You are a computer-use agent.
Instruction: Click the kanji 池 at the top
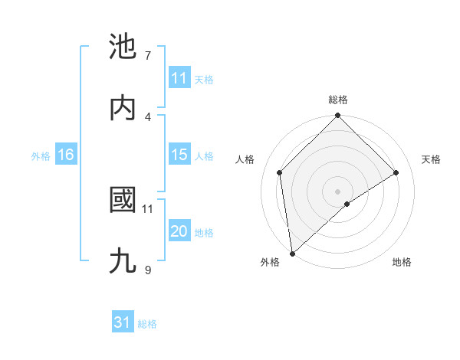click(x=123, y=47)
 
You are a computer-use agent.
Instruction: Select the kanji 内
click(x=123, y=108)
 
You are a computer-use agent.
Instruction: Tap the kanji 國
click(x=123, y=201)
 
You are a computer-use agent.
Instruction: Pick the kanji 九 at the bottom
click(x=123, y=261)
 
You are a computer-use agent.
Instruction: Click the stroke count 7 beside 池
click(x=148, y=56)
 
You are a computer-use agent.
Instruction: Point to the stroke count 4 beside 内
click(x=148, y=116)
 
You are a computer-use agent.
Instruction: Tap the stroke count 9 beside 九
click(x=148, y=270)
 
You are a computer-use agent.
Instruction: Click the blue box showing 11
click(x=179, y=78)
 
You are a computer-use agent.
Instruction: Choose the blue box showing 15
click(x=179, y=155)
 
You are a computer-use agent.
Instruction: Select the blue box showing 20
click(x=179, y=231)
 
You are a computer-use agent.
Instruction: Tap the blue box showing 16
click(x=66, y=155)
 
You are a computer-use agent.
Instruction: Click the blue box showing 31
click(x=123, y=322)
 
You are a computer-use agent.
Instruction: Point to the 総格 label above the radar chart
click(x=338, y=100)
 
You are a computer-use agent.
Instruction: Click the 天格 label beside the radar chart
click(x=432, y=159)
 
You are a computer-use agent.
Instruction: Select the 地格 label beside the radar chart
click(x=402, y=262)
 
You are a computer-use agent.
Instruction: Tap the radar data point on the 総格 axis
click(x=338, y=116)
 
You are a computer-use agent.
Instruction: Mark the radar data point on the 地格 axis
click(x=347, y=204)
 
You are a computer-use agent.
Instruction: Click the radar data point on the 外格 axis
click(x=292, y=254)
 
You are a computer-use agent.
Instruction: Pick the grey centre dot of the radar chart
click(x=338, y=191)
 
